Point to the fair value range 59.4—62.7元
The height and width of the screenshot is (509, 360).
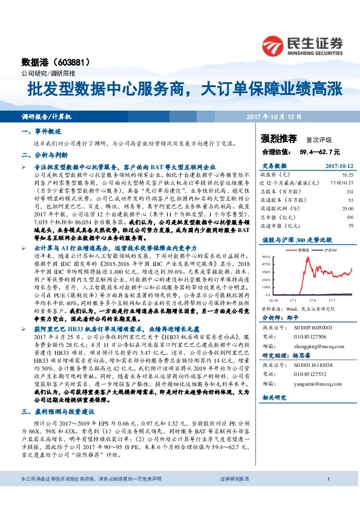[320, 151]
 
